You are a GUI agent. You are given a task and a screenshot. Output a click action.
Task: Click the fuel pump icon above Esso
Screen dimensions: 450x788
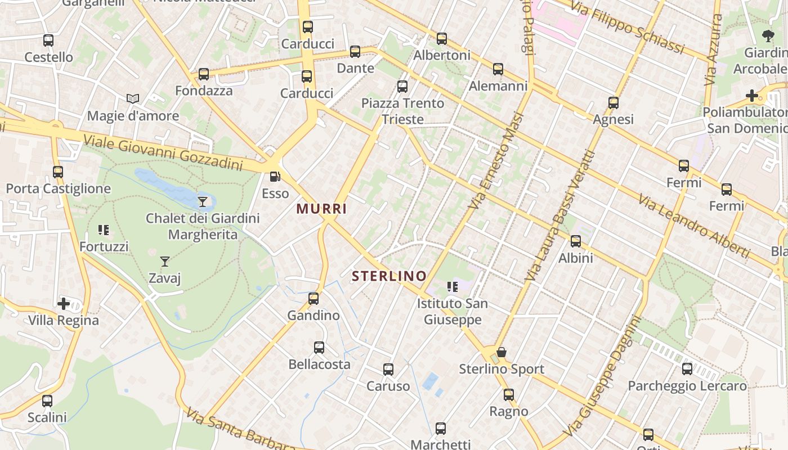[x=275, y=177]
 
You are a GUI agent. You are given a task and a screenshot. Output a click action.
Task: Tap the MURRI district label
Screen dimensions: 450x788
[x=321, y=209]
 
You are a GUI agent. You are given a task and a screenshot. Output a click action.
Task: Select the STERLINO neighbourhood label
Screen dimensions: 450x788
[x=389, y=276]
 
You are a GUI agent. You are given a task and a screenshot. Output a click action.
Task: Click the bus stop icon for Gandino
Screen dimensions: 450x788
[x=314, y=298]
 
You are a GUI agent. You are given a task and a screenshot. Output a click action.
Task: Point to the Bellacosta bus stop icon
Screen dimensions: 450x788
[x=319, y=348]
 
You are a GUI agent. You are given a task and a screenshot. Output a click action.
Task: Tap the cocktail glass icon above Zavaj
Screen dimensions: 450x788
[x=165, y=261]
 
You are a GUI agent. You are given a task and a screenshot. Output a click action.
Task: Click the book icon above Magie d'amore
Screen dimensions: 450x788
[x=133, y=99]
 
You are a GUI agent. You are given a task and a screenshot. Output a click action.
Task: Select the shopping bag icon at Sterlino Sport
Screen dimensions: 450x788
[x=502, y=352]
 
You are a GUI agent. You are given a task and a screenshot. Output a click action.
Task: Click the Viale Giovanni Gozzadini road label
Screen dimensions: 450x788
[x=163, y=153]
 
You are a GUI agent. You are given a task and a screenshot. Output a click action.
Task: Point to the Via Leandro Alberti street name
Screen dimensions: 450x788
[x=694, y=226]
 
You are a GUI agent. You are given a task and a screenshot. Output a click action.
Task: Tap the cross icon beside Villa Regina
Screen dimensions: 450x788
[x=64, y=304]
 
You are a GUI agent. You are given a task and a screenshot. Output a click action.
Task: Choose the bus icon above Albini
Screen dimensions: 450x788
[x=576, y=241]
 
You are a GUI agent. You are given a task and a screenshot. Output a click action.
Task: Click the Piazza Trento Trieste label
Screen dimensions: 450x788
[x=402, y=111]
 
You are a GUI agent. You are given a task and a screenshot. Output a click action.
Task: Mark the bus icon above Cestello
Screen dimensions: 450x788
[x=48, y=40]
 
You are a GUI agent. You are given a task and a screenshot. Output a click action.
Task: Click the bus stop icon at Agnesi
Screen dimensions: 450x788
[x=614, y=103]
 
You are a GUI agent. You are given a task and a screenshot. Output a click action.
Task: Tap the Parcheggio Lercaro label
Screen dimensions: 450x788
[x=687, y=386]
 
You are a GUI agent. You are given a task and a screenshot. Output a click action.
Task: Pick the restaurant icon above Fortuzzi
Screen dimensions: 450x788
[x=104, y=229]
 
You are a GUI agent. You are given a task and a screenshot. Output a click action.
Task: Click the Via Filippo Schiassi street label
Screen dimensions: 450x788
[x=627, y=26]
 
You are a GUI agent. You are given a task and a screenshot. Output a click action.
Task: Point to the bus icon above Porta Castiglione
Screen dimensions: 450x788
[x=58, y=172]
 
